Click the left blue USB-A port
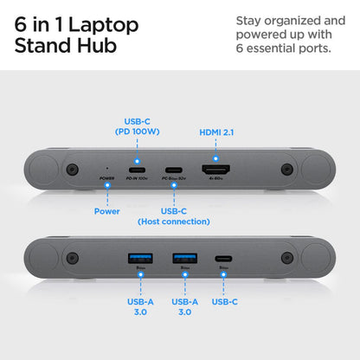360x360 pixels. [139, 258]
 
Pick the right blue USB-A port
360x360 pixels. [183, 258]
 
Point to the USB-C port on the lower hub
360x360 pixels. [222, 258]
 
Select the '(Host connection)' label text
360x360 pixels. [174, 222]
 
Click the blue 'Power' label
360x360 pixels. [106, 209]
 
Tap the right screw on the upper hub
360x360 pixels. [286, 170]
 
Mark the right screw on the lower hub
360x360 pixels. [286, 258]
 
